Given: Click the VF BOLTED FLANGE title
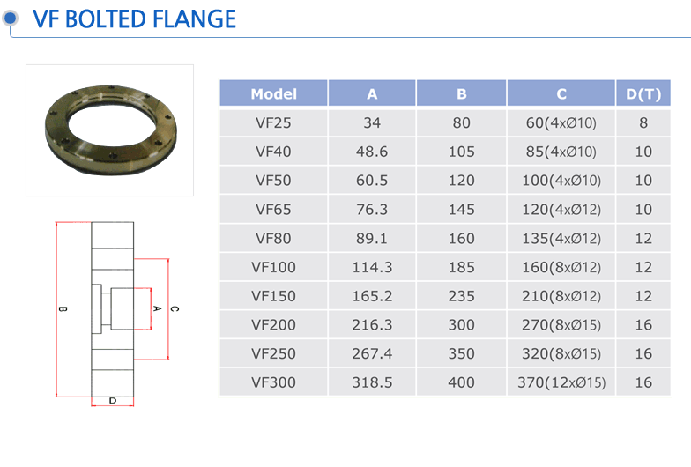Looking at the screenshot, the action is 134,19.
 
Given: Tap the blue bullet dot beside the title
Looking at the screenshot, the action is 11,18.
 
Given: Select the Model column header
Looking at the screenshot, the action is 273,93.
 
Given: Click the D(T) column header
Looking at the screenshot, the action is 643,93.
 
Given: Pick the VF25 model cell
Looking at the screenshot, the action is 273,123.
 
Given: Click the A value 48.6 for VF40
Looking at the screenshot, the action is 372,152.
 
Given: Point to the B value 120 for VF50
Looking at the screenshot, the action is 462,181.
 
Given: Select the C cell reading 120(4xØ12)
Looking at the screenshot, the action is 561,210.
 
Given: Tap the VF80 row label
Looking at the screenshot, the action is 273,238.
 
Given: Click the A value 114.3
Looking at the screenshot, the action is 372,268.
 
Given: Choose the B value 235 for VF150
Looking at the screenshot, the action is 462,296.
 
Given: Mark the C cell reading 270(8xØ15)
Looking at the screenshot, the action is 561,325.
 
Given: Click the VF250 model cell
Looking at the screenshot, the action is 273,354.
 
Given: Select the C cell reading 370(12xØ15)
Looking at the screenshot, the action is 561,382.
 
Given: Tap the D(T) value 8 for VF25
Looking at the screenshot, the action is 643,123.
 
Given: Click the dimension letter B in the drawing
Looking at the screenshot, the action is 63,308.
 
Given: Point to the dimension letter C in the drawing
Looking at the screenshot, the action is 175,308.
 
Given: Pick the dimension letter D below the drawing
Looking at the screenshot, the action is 113,400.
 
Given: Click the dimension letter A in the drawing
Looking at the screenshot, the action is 157,308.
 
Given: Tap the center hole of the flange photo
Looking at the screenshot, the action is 112,122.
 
